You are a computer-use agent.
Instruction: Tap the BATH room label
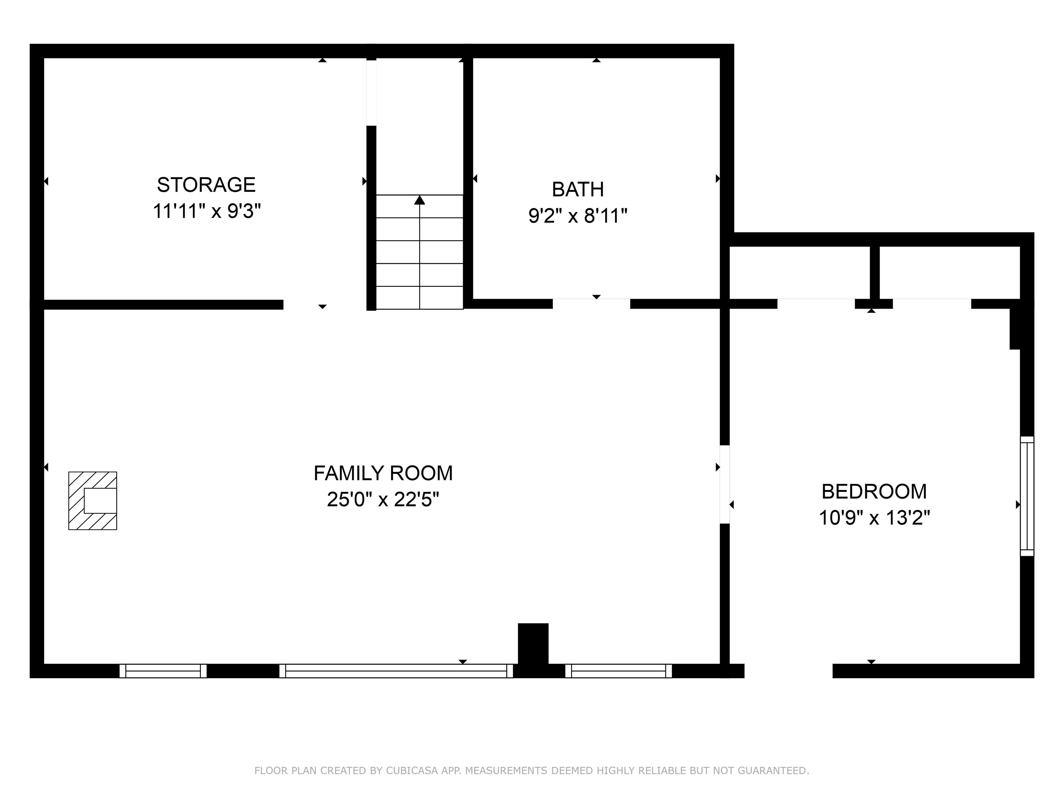click(x=578, y=189)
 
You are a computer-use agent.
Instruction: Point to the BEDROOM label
click(x=874, y=491)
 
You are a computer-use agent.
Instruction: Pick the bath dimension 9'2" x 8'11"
click(x=578, y=216)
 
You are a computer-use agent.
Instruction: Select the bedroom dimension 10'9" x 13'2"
click(x=874, y=518)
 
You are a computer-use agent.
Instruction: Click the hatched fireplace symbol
click(x=93, y=501)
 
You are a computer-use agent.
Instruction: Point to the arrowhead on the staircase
click(x=419, y=199)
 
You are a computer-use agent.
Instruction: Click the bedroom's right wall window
click(x=1027, y=496)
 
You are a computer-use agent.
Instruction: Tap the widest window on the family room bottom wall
click(x=396, y=671)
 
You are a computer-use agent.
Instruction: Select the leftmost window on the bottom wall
click(x=163, y=671)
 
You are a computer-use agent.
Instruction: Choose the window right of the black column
click(x=619, y=671)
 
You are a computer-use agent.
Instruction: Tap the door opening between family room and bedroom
click(x=725, y=485)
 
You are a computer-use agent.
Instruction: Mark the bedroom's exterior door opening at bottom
click(x=788, y=671)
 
